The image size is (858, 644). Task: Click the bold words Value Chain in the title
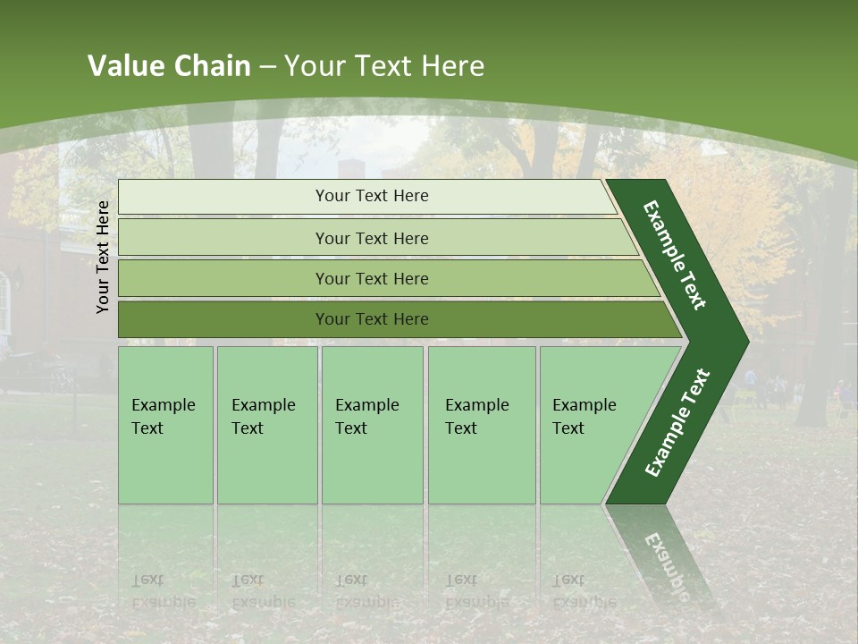[x=169, y=66]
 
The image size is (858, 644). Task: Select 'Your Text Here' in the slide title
[x=384, y=66]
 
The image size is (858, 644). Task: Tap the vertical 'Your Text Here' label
[x=103, y=257]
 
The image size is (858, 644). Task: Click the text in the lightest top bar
[x=372, y=196]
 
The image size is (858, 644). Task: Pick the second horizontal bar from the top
[x=372, y=238]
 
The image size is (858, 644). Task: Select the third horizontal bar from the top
[x=372, y=278]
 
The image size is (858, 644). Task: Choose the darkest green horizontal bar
[x=372, y=319]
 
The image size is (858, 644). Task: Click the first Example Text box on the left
[x=165, y=424]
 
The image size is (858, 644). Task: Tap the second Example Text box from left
[x=266, y=424]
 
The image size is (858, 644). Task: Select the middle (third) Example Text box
[x=371, y=424]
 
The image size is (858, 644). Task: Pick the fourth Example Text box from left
[x=481, y=424]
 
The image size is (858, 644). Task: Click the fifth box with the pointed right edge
[x=590, y=424]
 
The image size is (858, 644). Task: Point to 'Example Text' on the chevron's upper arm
[x=675, y=255]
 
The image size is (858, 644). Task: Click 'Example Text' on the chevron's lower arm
[x=677, y=422]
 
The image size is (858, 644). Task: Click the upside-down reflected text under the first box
[x=164, y=591]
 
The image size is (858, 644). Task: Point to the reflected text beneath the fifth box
[x=584, y=591]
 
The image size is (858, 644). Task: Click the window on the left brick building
[x=5, y=300]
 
